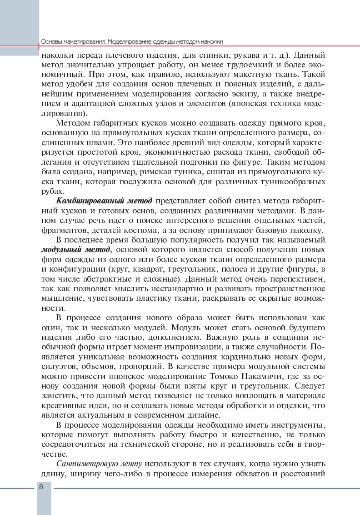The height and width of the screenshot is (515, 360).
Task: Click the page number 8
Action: [41, 486]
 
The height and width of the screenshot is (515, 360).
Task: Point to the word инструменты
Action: [299, 425]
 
